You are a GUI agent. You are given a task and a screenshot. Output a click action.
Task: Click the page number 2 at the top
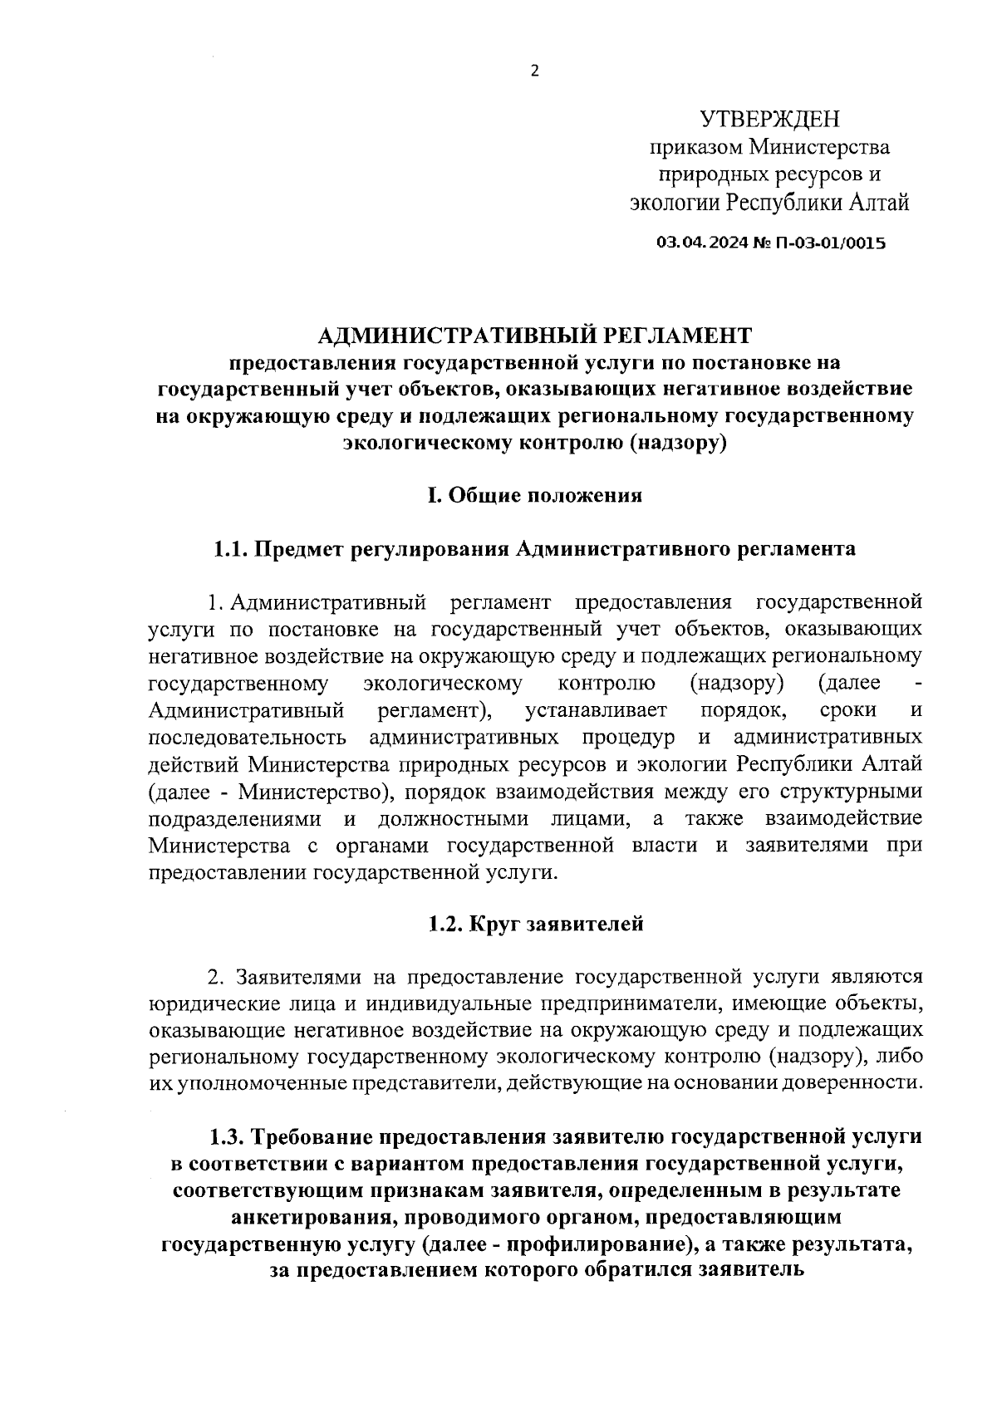pos(534,71)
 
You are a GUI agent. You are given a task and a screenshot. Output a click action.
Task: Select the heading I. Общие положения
pos(534,496)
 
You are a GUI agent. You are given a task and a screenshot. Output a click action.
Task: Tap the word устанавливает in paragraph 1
pos(596,710)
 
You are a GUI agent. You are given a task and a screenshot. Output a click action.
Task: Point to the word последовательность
pos(247,738)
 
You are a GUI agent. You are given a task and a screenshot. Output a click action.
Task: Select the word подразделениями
pos(235,818)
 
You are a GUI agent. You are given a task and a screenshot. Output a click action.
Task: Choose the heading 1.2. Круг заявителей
pos(536,924)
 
